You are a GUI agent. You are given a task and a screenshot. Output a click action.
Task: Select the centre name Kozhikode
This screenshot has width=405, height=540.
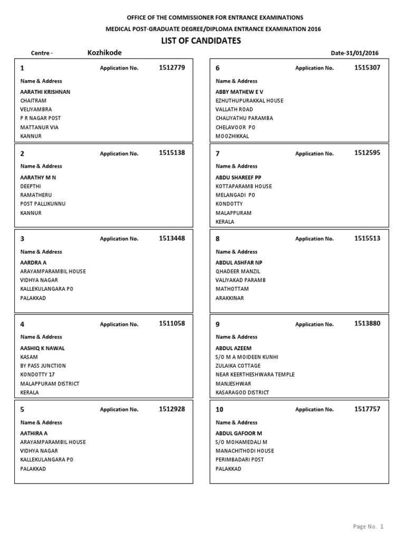pyautogui.click(x=104, y=53)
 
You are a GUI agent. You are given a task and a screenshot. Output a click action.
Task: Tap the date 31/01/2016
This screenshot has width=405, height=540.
pyautogui.click(x=362, y=53)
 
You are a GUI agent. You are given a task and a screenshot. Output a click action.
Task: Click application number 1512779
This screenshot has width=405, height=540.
pyautogui.click(x=172, y=67)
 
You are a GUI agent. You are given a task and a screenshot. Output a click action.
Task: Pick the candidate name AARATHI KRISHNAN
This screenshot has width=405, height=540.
pyautogui.click(x=45, y=92)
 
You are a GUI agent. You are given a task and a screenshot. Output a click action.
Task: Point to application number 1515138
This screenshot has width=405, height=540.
pyautogui.click(x=172, y=153)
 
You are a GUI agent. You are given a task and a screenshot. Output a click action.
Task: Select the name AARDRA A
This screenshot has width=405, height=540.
pyautogui.click(x=33, y=262)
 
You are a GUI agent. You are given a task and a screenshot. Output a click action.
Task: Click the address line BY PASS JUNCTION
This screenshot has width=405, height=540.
pyautogui.click(x=43, y=365)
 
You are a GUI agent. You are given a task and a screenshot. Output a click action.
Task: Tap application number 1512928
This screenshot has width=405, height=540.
pyautogui.click(x=172, y=409)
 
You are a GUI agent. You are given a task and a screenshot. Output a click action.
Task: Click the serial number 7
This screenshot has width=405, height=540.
pyautogui.click(x=218, y=153)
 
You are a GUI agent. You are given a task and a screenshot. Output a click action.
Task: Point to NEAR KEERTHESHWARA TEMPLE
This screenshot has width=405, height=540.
pyautogui.click(x=255, y=374)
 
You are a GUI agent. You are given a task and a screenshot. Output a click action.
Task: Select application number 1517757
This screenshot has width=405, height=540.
pyautogui.click(x=367, y=409)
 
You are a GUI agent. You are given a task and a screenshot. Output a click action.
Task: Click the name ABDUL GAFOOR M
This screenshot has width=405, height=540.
pyautogui.click(x=238, y=433)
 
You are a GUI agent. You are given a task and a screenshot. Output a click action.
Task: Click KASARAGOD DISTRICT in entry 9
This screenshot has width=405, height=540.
pyautogui.click(x=243, y=392)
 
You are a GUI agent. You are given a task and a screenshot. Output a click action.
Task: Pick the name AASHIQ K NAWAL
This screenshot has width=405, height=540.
pyautogui.click(x=43, y=348)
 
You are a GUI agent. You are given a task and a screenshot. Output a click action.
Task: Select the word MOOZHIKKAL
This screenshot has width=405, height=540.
pyautogui.click(x=233, y=136)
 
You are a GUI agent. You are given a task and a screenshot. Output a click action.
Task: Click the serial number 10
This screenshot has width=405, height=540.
pyautogui.click(x=220, y=410)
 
